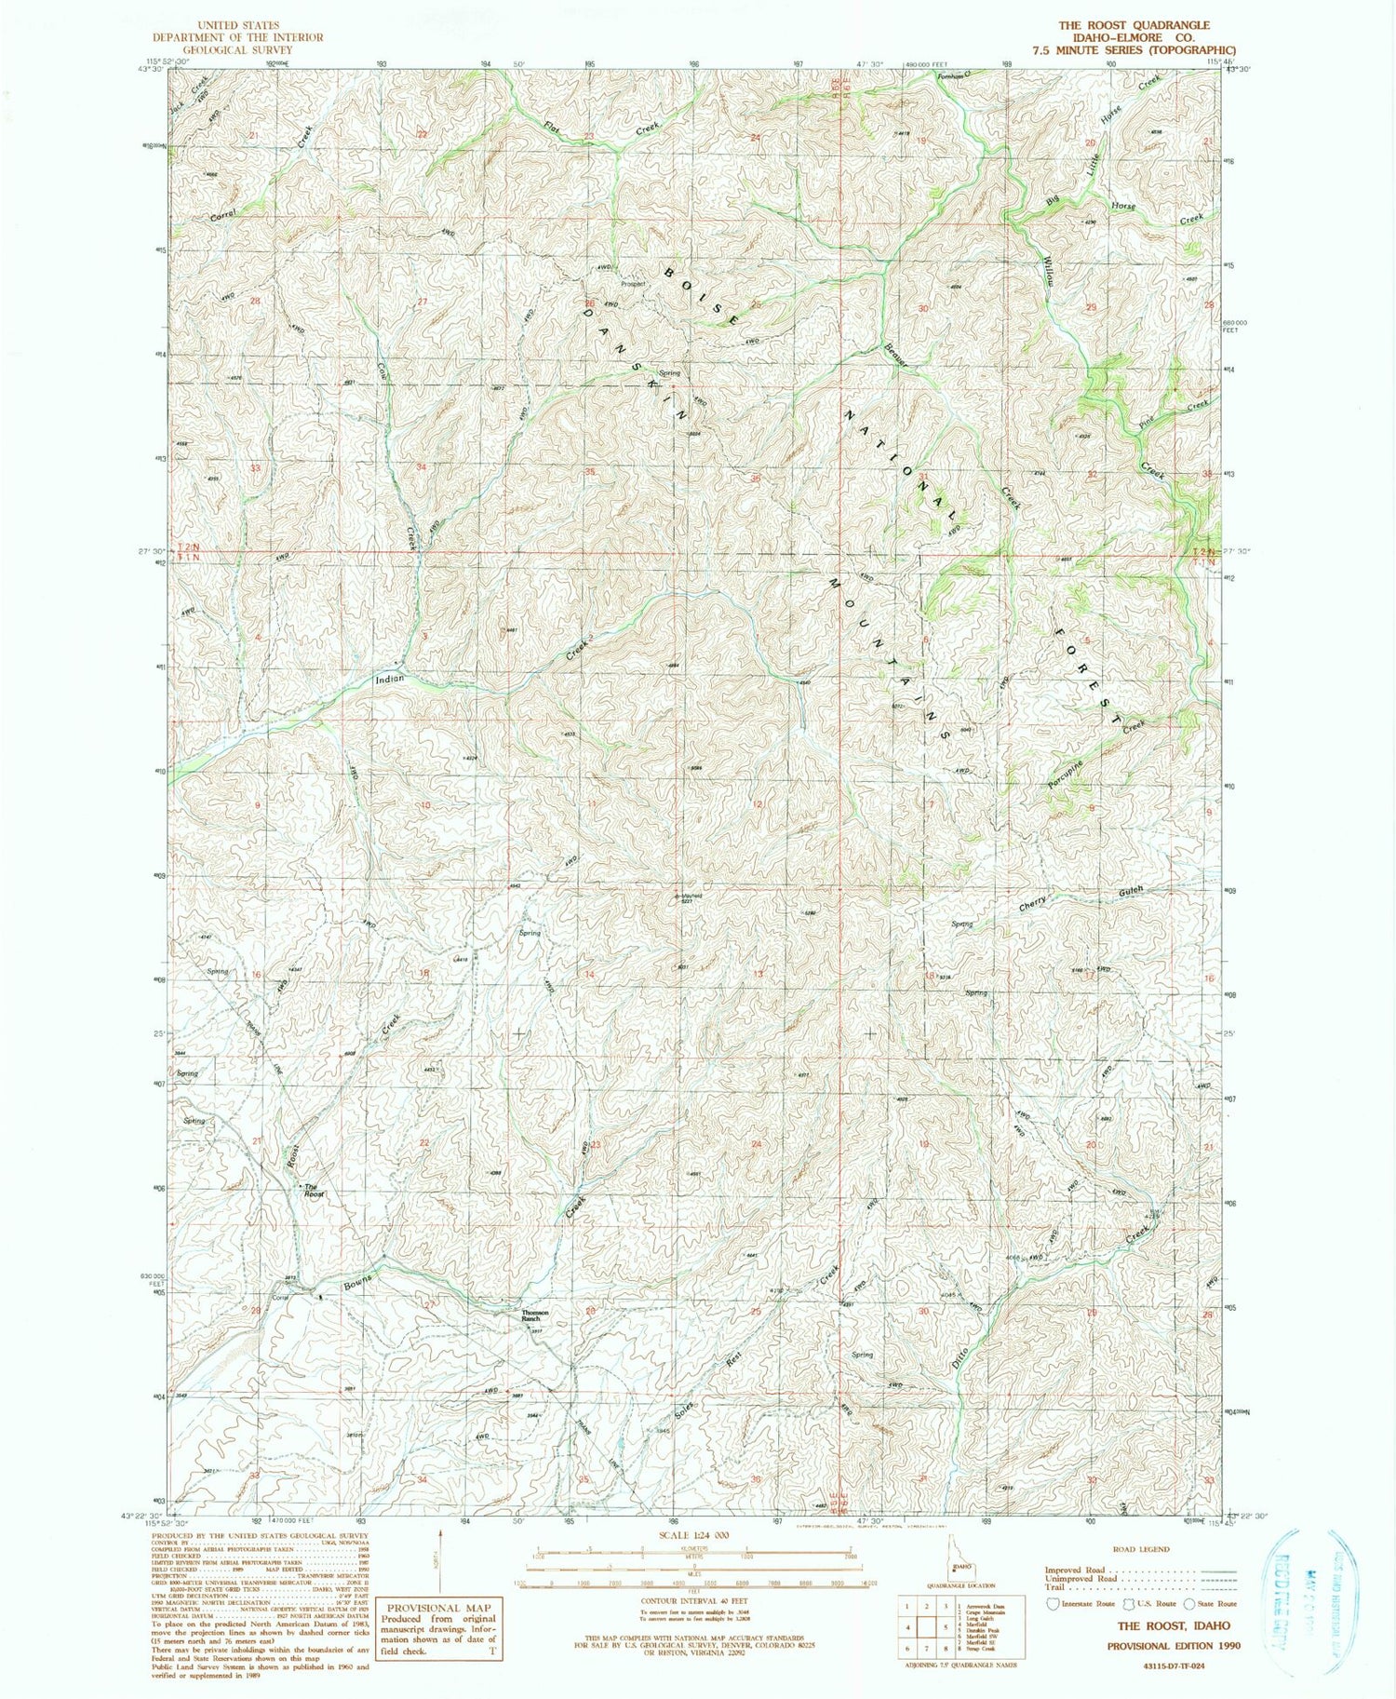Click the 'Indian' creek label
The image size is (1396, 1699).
(389, 679)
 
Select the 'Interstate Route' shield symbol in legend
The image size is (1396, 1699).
(1054, 1603)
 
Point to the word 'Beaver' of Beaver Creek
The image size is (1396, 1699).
(896, 356)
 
